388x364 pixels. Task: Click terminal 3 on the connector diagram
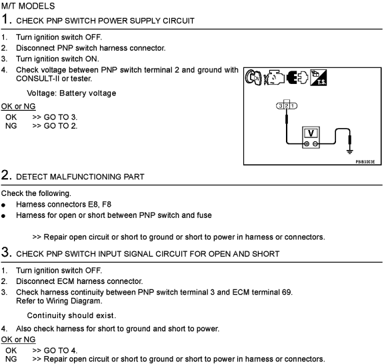281,106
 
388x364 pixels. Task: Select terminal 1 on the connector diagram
293,106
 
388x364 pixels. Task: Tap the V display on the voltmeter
311,133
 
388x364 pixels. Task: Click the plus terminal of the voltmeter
307,144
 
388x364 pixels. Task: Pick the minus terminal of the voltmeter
315,144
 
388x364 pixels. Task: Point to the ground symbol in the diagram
349,151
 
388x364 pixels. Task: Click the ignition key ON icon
253,78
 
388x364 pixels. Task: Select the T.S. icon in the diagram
319,78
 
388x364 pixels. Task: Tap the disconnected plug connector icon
297,78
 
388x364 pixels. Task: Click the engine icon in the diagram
274,78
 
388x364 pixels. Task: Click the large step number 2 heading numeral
7,175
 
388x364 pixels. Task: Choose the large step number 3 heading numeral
7,252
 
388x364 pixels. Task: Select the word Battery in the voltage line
73,93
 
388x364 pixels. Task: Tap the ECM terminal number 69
287,292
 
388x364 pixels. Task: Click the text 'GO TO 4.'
61,351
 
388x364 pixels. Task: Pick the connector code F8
107,205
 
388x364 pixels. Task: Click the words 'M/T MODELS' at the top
28,6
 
